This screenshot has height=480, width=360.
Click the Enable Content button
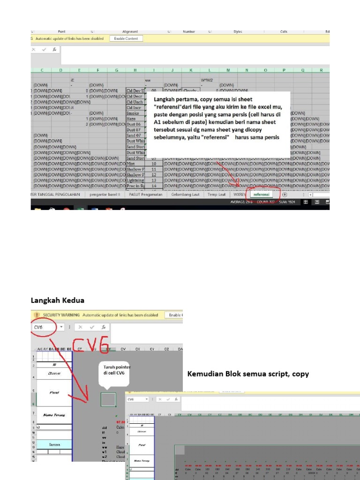click(x=126, y=38)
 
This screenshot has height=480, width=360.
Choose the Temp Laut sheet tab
click(x=217, y=194)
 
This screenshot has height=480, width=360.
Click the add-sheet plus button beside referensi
click(x=285, y=194)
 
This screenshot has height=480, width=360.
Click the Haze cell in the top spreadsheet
click(x=132, y=119)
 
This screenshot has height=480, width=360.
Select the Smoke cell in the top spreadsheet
click(x=133, y=113)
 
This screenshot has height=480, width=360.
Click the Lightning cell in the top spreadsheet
click(x=135, y=180)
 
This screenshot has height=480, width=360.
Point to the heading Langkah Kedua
click(x=57, y=300)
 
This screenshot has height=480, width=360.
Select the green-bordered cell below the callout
click(x=108, y=399)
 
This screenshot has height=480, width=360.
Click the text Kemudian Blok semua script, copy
click(x=248, y=374)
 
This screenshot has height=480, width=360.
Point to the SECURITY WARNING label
click(x=61, y=315)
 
